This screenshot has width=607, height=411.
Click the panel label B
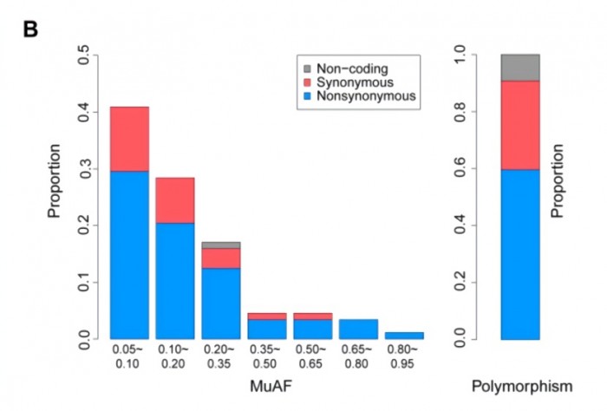tap(30, 30)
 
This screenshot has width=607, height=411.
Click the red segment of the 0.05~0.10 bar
tap(129, 139)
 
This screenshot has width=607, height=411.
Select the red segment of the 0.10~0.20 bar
tap(175, 200)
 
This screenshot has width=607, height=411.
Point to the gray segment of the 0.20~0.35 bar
tap(220, 245)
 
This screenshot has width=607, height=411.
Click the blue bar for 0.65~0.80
tap(357, 329)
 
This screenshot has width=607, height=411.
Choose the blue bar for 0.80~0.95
tap(404, 335)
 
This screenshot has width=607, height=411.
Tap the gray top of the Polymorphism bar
tap(519, 68)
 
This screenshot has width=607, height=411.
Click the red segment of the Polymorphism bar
tap(519, 125)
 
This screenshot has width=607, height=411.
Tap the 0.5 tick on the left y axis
tap(85, 57)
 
